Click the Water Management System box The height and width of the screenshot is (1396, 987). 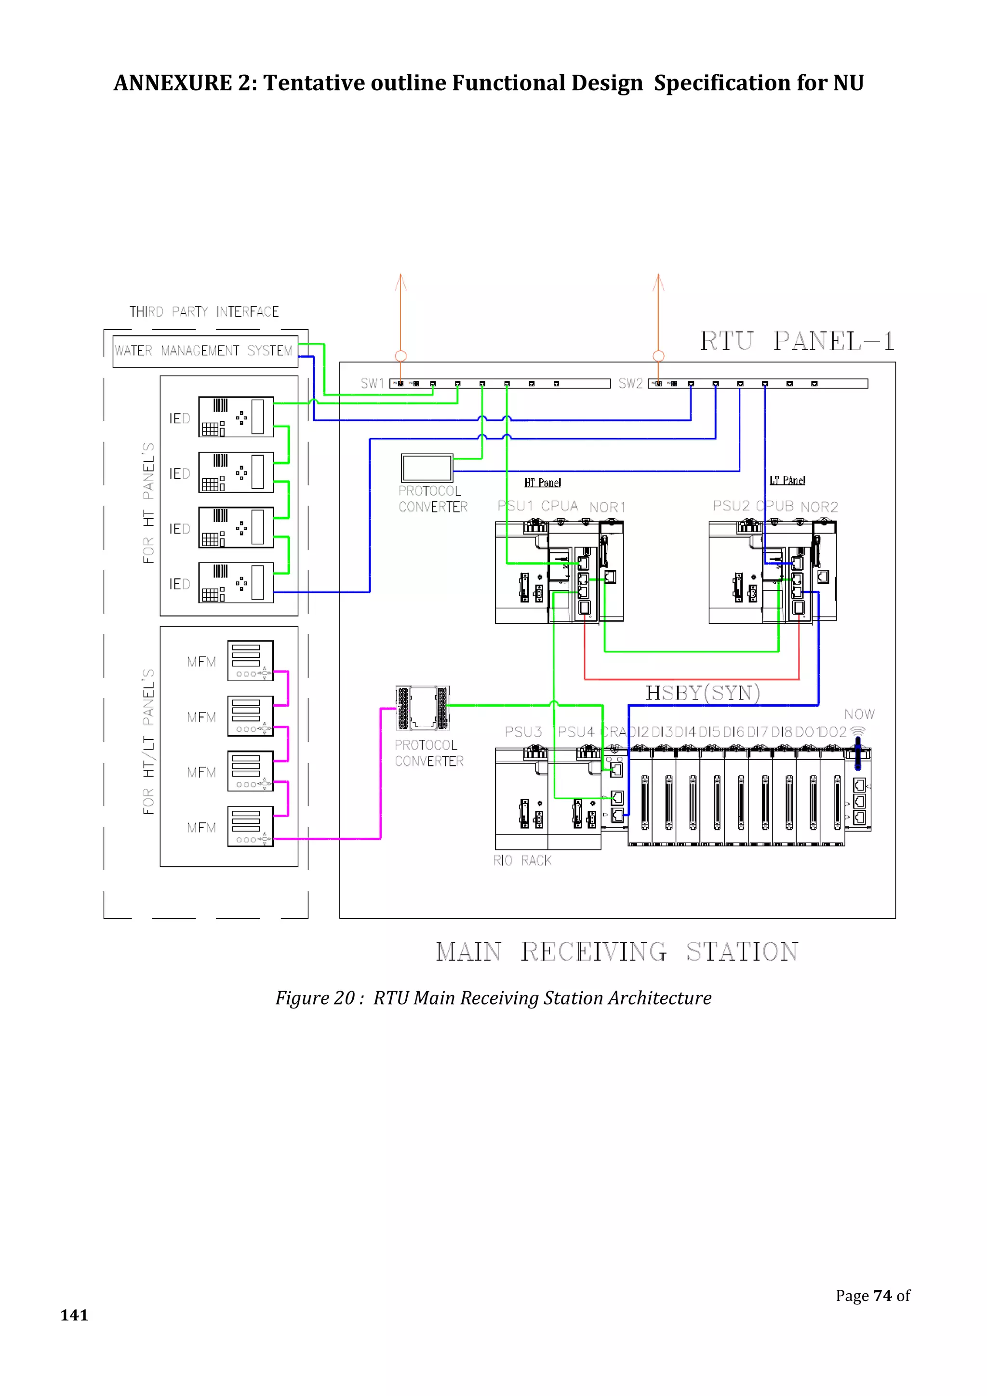coord(205,351)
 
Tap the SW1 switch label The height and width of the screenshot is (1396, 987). coord(372,383)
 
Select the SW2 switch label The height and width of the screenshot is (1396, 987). coord(630,383)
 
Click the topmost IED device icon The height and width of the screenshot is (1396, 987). coord(236,417)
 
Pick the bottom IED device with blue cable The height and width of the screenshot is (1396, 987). coord(236,582)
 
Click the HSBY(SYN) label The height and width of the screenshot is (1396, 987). coord(703,693)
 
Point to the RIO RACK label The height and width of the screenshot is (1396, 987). coord(522,860)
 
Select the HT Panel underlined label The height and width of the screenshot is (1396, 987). coord(542,483)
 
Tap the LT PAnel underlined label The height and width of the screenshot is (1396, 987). coord(787,480)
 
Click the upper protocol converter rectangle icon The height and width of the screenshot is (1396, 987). coord(427,468)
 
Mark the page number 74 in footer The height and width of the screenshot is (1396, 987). coord(882,1296)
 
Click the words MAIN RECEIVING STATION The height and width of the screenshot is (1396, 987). coord(617,952)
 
